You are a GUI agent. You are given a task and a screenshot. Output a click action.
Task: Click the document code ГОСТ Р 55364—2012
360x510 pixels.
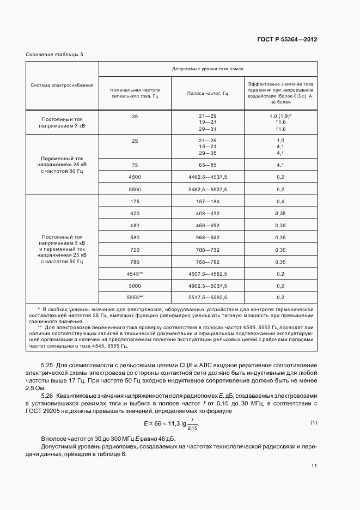(x=286, y=40)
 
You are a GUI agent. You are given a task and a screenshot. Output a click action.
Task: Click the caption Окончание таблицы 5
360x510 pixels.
(x=55, y=53)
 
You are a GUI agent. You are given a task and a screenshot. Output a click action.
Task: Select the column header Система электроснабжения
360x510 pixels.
(x=62, y=85)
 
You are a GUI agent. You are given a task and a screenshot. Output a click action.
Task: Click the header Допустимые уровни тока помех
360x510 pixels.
(x=208, y=69)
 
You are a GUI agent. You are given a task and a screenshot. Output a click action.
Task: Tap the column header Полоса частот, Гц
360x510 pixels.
(x=208, y=93)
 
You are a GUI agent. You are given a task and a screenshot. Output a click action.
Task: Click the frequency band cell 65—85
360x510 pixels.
(x=208, y=165)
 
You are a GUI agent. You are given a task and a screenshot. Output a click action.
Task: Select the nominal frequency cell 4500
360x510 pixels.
(x=135, y=177)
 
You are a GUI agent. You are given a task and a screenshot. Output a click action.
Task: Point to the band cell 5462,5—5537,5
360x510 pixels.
(x=208, y=189)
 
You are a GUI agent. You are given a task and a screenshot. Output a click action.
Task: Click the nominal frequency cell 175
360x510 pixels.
(x=135, y=202)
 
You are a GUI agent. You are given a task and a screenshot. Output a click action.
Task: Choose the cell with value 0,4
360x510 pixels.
(x=280, y=202)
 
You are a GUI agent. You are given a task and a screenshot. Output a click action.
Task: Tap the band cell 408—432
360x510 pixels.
(x=208, y=213)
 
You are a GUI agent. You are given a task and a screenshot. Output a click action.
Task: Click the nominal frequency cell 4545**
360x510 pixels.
(x=135, y=274)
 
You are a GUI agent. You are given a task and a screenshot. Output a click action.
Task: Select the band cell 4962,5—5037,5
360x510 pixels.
(x=208, y=286)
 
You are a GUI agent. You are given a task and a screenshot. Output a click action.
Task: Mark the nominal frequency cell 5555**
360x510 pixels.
(x=135, y=297)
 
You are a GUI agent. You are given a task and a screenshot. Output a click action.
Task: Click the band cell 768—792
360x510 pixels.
(x=208, y=262)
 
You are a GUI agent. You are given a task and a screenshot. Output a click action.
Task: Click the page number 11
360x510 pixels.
(x=314, y=466)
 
